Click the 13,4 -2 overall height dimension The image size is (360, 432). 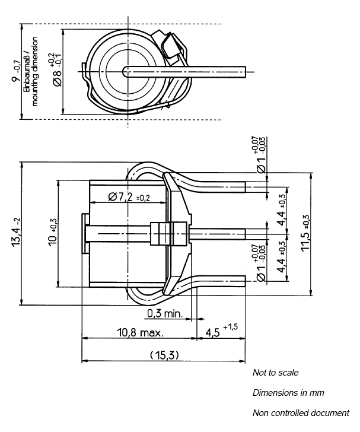point(16,232)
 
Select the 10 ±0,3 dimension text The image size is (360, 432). point(52,232)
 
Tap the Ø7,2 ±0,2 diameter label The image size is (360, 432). point(129,197)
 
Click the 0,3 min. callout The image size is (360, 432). point(165,313)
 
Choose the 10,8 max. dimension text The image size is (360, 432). point(140,332)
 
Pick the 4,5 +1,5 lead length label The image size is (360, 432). point(221,331)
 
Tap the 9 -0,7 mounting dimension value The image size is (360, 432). point(15,71)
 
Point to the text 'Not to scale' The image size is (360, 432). point(275,373)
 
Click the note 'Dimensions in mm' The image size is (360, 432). point(288,393)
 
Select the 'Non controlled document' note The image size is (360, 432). point(301,413)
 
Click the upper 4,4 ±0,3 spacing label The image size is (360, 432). point(282,210)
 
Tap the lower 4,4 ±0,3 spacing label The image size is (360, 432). point(282,257)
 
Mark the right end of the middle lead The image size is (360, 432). point(245,234)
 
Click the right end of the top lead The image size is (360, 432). point(245,187)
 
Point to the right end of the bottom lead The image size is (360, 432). point(245,281)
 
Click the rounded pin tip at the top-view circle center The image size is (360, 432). point(125,72)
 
